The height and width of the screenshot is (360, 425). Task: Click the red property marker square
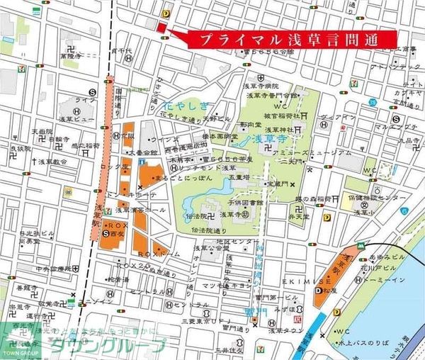coord(159,27)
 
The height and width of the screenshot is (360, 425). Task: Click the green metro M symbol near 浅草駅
coord(361,245)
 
